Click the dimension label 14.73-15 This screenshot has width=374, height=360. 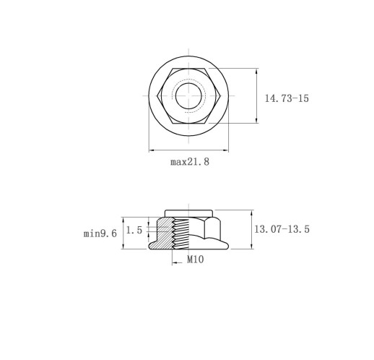click(287, 98)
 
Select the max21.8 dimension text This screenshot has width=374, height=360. click(190, 161)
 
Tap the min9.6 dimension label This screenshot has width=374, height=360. click(100, 233)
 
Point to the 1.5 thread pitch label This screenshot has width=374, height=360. click(134, 230)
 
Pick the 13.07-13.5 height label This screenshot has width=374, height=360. click(282, 229)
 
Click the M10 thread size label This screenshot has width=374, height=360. click(196, 260)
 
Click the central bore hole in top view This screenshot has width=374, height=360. click(188, 96)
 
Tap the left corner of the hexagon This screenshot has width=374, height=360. click(157, 96)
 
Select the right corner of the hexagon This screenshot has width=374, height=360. click(220, 96)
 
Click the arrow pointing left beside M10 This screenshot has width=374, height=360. click(178, 262)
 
